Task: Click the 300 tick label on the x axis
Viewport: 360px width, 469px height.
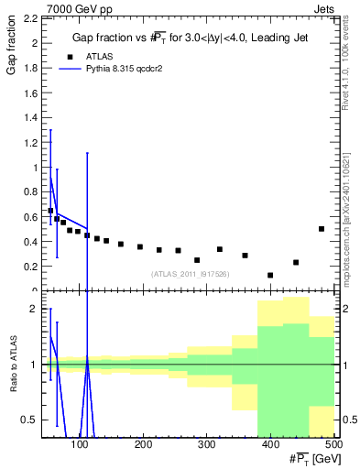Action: [206, 444]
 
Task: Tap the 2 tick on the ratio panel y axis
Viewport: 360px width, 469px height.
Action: [31, 309]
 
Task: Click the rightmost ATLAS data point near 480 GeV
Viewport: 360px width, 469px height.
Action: [322, 229]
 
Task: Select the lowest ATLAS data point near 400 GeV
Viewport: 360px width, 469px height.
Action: [270, 275]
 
